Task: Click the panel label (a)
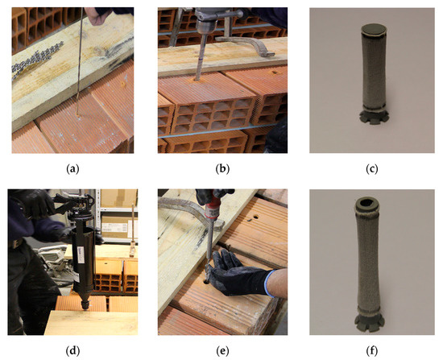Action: tap(72, 168)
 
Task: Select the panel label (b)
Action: tap(222, 168)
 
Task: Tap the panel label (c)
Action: tap(372, 168)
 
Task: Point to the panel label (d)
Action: tap(72, 351)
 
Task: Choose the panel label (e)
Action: tap(222, 351)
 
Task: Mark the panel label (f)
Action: tap(372, 351)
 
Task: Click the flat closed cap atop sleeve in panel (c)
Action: tap(373, 29)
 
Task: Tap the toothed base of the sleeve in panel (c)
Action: tap(374, 118)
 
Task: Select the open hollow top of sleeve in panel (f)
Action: tap(367, 203)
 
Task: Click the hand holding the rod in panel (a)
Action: tap(96, 14)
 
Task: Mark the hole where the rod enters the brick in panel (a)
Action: tap(77, 115)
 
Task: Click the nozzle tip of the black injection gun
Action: tap(85, 305)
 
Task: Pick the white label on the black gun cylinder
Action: tap(81, 254)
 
